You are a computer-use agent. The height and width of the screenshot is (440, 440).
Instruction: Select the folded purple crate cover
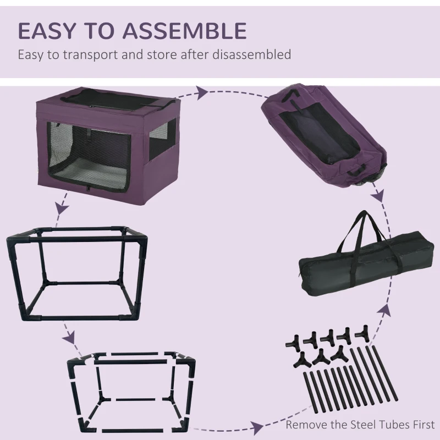(298, 135)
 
